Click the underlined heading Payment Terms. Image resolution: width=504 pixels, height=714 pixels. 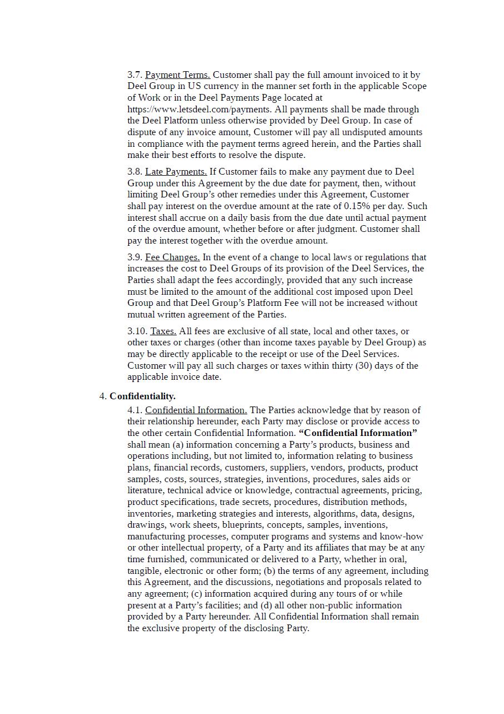[x=177, y=75]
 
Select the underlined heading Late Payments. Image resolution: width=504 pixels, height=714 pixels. [x=176, y=171]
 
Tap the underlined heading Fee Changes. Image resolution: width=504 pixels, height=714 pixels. [x=172, y=257]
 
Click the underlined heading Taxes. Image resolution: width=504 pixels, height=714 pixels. [x=163, y=331]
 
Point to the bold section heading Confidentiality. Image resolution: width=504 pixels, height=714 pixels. [x=142, y=396]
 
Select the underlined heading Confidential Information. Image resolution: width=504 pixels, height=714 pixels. [x=196, y=410]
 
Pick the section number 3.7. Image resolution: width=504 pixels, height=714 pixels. [x=134, y=75]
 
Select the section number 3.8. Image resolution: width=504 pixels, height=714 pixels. [x=134, y=171]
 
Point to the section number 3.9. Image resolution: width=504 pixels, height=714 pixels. [x=134, y=257]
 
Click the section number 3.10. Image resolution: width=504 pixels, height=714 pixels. [x=137, y=331]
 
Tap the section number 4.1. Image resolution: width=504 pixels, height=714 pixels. [x=134, y=410]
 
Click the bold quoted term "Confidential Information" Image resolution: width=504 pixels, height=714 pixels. [x=358, y=433]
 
